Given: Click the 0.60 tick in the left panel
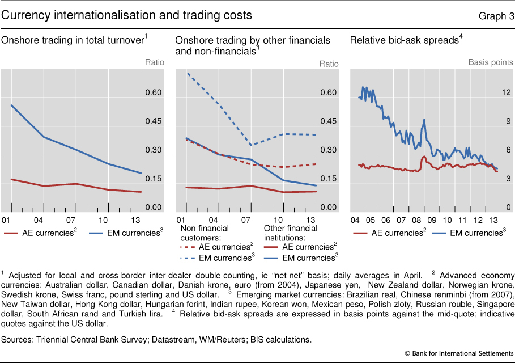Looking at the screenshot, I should tap(155, 92).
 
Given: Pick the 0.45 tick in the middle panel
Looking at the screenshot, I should tap(329, 121).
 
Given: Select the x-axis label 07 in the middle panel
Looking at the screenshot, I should tap(247, 220).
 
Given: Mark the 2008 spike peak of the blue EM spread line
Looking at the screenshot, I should tap(424, 119).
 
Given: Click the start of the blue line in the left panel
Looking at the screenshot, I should tap(11, 105).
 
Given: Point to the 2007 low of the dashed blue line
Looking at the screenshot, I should tap(250, 146).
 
